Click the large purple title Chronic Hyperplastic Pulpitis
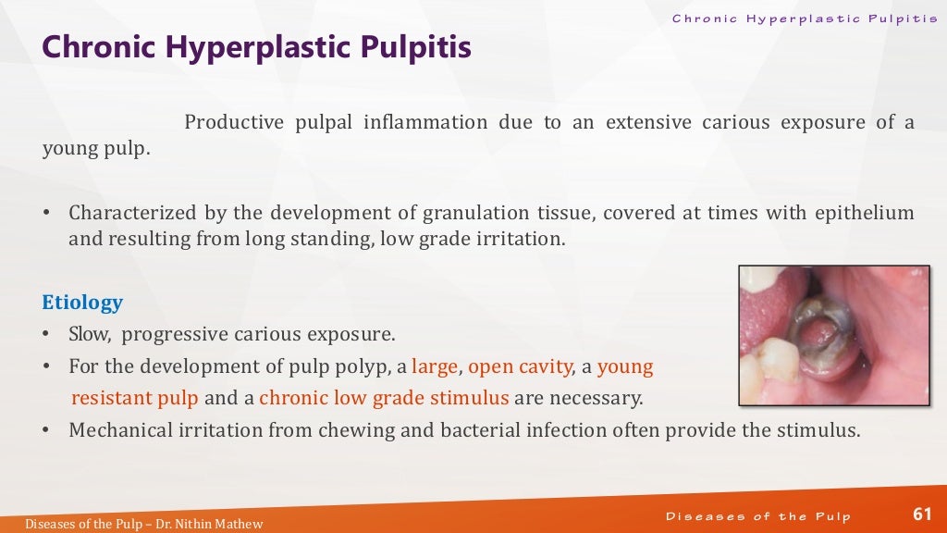click(x=257, y=47)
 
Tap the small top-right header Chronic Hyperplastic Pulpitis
click(x=802, y=19)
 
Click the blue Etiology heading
click(x=82, y=303)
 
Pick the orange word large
click(x=435, y=366)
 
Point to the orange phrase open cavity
click(x=520, y=366)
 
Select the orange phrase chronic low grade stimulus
click(x=385, y=399)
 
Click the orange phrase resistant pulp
click(x=135, y=399)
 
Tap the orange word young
click(x=625, y=366)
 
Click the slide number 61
click(x=922, y=514)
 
